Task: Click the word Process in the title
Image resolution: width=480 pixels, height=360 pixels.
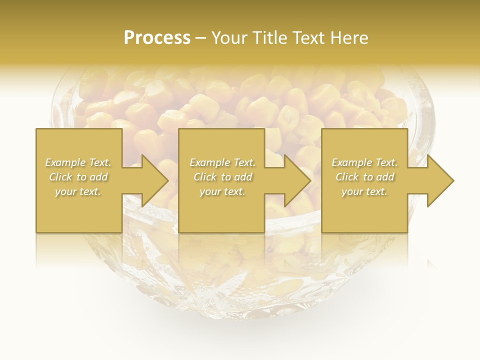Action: click(157, 38)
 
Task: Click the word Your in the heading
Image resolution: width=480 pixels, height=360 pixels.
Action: click(229, 38)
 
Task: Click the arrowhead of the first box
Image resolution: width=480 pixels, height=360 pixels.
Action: click(153, 180)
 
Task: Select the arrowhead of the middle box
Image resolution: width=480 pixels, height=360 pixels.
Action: click(296, 180)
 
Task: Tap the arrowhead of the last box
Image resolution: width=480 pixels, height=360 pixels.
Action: click(439, 180)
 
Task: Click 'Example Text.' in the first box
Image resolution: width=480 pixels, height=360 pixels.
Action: click(78, 162)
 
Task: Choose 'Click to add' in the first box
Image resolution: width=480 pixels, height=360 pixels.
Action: click(78, 177)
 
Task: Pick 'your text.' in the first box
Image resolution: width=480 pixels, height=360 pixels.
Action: click(78, 191)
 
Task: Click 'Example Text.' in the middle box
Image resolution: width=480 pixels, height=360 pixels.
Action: click(222, 162)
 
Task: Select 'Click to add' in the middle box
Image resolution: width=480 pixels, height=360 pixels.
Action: click(222, 177)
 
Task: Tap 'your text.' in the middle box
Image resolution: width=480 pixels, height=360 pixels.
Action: click(222, 191)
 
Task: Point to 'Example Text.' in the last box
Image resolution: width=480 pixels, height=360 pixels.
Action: click(364, 162)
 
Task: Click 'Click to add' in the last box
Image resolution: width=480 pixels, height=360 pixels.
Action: click(364, 177)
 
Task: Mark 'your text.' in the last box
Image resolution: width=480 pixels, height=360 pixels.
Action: click(364, 191)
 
